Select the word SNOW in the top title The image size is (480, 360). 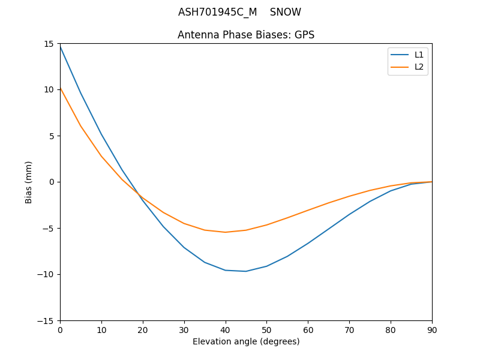(285, 13)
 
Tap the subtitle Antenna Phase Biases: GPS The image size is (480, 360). (246, 35)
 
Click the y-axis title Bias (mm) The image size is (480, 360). (29, 182)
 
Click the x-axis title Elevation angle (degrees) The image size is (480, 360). (246, 341)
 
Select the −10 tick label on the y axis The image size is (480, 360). (47, 274)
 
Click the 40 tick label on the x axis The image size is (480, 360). (225, 329)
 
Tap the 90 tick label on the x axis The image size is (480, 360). (432, 329)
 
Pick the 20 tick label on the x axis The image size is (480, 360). (143, 329)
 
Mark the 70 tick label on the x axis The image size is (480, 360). (349, 329)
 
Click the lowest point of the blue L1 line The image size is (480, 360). (246, 271)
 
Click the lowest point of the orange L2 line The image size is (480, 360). (225, 232)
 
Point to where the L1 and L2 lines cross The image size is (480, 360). (139, 195)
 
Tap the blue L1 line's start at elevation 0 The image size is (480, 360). (60, 46)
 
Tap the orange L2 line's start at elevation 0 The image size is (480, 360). (60, 88)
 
